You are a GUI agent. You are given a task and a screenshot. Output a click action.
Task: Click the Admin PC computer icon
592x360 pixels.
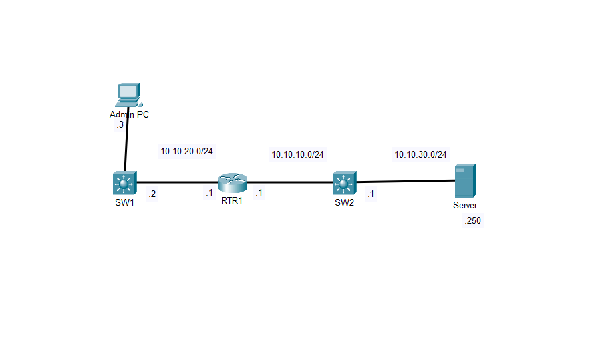coord(128,94)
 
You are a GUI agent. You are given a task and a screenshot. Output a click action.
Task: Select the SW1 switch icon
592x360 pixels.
coord(124,182)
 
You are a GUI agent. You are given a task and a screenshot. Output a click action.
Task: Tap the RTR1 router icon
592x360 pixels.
coord(232,182)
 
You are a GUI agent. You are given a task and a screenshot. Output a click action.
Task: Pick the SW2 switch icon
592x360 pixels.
coord(344,182)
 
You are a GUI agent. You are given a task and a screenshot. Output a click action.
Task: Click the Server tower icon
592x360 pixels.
coord(464,181)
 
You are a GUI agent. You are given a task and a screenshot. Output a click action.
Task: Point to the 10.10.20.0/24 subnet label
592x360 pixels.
coord(186,151)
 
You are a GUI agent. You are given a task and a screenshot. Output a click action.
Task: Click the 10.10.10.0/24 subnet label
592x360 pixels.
coord(297,154)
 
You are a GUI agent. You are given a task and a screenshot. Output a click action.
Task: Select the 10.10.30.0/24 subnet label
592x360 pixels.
coord(420,154)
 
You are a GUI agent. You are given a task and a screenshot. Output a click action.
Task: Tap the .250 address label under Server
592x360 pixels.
coord(472,221)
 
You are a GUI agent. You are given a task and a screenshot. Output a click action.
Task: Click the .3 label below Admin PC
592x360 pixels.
coord(120,124)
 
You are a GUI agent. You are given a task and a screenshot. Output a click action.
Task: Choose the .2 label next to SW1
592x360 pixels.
coord(152,194)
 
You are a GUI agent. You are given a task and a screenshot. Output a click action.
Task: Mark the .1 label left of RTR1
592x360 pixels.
coord(208,193)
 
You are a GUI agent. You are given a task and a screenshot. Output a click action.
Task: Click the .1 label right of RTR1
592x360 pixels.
coord(259,193)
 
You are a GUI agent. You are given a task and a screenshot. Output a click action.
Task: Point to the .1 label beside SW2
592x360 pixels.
coord(370,194)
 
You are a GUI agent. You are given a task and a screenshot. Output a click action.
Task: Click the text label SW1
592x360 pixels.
coord(124,203)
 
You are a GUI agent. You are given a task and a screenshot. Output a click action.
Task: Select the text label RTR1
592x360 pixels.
coord(232,200)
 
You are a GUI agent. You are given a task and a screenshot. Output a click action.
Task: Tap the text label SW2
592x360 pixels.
coord(344,203)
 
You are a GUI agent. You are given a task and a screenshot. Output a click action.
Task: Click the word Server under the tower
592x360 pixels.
coord(465,206)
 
